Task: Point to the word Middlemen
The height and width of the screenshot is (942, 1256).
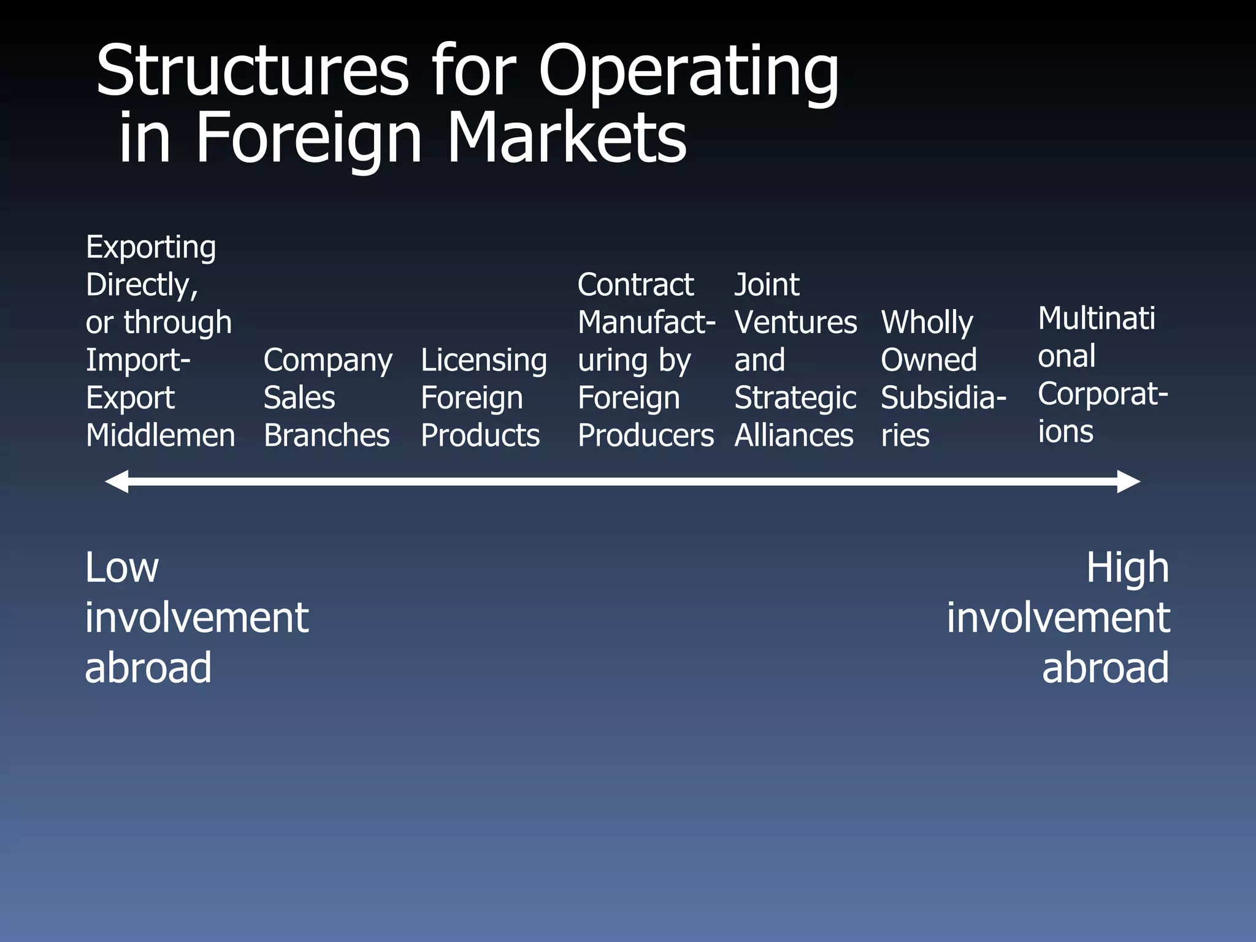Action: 161,435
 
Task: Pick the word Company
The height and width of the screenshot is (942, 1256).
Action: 327,361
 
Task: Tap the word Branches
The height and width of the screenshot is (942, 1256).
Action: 326,435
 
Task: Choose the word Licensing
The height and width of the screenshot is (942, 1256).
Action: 484,361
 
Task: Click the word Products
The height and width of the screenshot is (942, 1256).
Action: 480,435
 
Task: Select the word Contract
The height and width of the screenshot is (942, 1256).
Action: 635,285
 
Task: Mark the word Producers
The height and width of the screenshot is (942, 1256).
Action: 646,435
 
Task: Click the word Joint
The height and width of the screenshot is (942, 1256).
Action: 767,285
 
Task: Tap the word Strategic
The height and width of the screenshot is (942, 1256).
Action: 795,398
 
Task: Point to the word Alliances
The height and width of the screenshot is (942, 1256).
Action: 794,435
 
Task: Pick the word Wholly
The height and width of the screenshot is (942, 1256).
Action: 927,323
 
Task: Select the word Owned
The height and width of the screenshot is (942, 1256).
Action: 929,360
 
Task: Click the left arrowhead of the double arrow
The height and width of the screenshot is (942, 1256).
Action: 117,481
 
